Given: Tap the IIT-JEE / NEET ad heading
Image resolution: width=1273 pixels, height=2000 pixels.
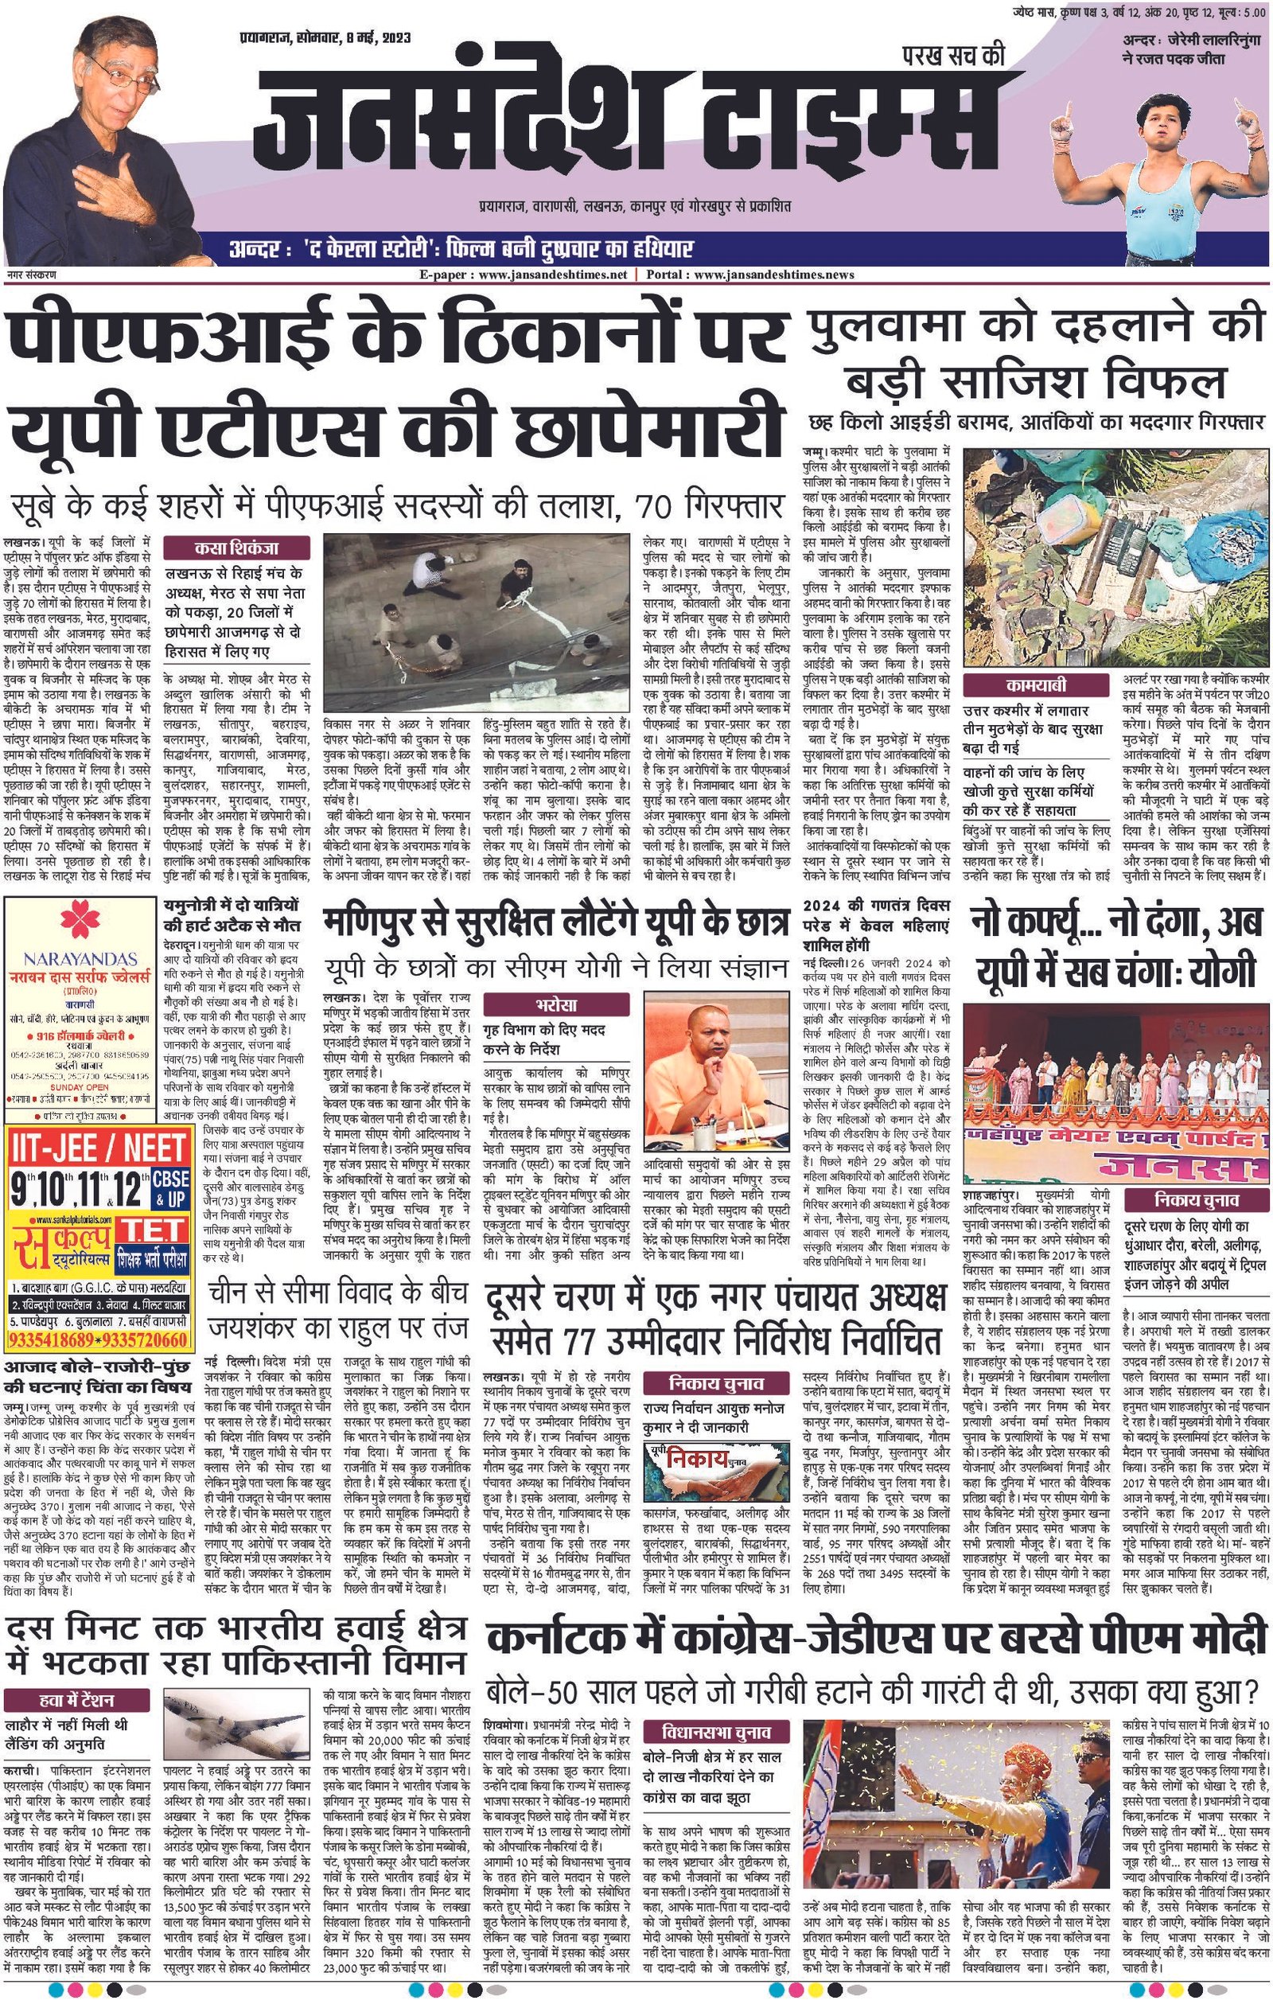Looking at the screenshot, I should pyautogui.click(x=99, y=1148).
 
